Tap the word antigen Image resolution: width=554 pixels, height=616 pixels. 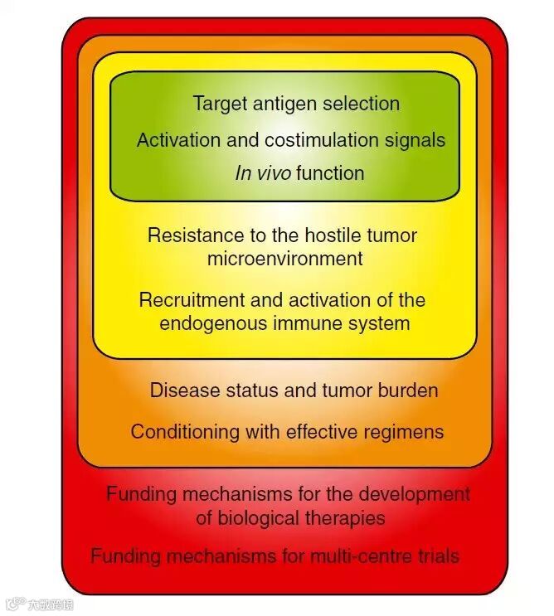pyautogui.click(x=281, y=104)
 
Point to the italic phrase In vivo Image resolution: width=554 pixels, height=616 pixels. pyautogui.click(x=264, y=173)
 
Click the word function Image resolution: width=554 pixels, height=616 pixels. pyautogui.click(x=330, y=173)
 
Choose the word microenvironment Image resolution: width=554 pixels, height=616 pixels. pyautogui.click(x=285, y=259)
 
